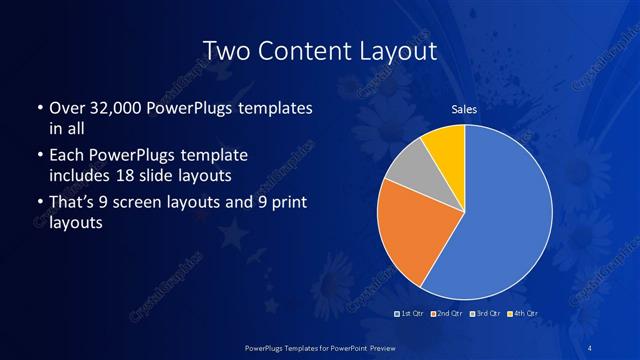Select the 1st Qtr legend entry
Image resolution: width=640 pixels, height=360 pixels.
click(x=411, y=314)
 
